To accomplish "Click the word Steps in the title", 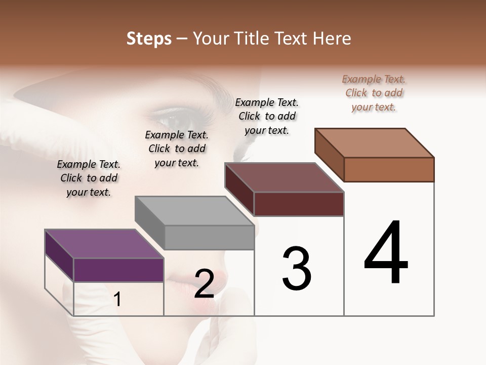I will coord(149,39).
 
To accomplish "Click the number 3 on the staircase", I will coord(297,268).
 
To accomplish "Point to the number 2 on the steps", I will coord(204,284).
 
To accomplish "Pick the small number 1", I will coord(117,300).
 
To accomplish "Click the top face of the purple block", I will coord(104,244).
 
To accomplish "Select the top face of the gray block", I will coord(194,210).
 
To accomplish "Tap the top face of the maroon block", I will coord(285,177).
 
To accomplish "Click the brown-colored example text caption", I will coord(374,93).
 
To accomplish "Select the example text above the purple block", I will coord(89,178).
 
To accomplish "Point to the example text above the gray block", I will coord(177,149).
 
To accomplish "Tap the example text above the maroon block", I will coord(267,116).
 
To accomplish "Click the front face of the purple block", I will coord(118,270).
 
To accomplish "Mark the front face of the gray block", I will coord(209,237).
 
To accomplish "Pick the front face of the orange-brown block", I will coord(389,169).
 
